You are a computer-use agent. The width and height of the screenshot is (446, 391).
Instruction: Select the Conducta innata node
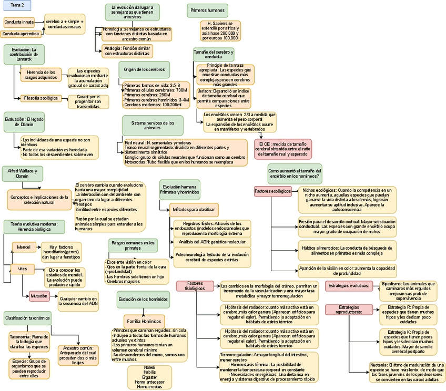(19, 22)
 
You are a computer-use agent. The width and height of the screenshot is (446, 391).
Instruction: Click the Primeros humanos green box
(207, 10)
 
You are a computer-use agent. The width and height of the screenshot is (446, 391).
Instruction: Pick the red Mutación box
(39, 296)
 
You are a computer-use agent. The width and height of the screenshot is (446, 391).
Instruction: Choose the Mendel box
(24, 246)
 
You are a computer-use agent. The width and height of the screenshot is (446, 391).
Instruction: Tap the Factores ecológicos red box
(272, 191)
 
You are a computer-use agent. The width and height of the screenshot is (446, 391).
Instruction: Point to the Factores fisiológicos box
(195, 285)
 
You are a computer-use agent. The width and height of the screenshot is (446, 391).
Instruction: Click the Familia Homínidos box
(141, 320)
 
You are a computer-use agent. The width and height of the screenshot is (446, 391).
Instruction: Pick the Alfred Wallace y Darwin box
(23, 173)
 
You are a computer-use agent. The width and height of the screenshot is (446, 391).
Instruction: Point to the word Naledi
(149, 367)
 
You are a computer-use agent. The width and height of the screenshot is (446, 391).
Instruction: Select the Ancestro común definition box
(78, 355)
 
